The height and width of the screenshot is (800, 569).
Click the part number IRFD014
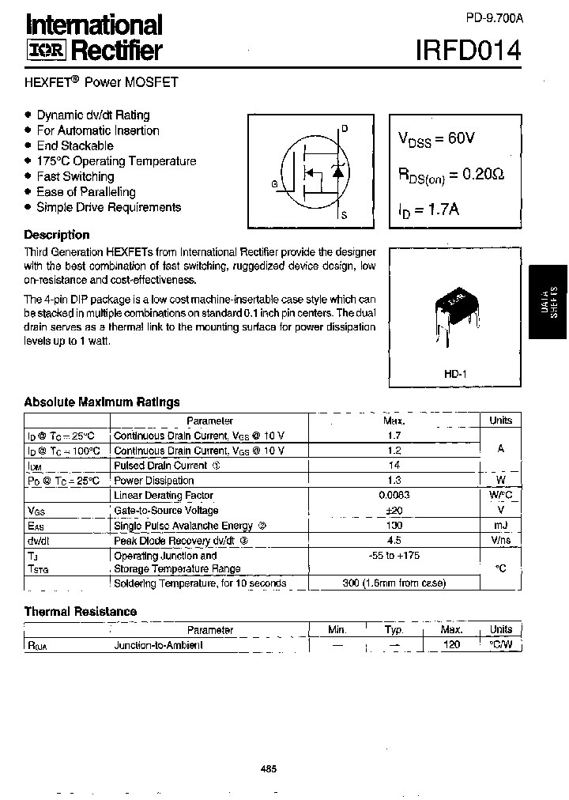point(469,51)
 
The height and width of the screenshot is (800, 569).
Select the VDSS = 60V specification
point(436,138)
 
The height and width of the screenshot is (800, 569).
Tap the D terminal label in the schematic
point(345,129)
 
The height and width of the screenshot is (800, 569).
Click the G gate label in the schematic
point(273,184)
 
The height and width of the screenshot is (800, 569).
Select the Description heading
point(57,235)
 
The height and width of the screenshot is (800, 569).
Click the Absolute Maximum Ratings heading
point(102,402)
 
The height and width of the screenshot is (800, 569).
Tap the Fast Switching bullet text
point(75,176)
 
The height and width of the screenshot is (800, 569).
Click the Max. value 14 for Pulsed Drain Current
point(393,466)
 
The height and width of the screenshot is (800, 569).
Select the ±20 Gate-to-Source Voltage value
point(393,511)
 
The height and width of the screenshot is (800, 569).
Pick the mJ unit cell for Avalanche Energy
point(500,526)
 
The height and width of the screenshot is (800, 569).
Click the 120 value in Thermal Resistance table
point(451,645)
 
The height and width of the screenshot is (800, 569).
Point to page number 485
point(268,768)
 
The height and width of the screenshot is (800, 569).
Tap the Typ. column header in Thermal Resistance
point(394,630)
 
